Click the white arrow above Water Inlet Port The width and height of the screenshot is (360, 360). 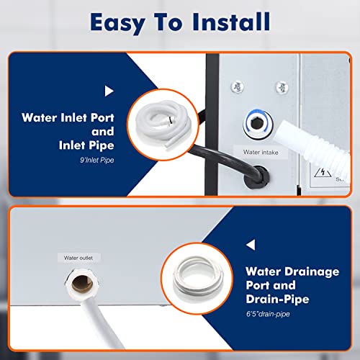(x=109, y=91)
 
